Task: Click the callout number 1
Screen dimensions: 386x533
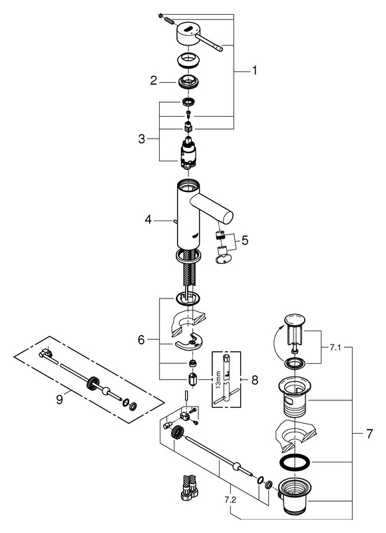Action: coord(254,71)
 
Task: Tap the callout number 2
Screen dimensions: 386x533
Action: coord(154,81)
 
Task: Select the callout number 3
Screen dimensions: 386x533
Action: coord(142,139)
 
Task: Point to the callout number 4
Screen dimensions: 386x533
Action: coord(148,220)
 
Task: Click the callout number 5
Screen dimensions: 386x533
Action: coord(245,241)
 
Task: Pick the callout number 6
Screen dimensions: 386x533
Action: coord(141,340)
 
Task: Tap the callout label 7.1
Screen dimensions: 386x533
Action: coord(335,348)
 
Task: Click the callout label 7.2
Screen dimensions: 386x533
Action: coord(230,500)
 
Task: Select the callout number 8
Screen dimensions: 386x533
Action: coord(255,380)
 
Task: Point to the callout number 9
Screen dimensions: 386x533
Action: coord(60,399)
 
